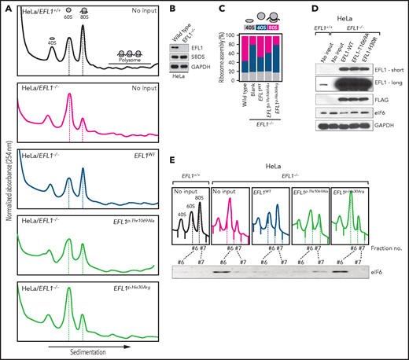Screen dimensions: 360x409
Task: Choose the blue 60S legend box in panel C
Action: click(x=258, y=27)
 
